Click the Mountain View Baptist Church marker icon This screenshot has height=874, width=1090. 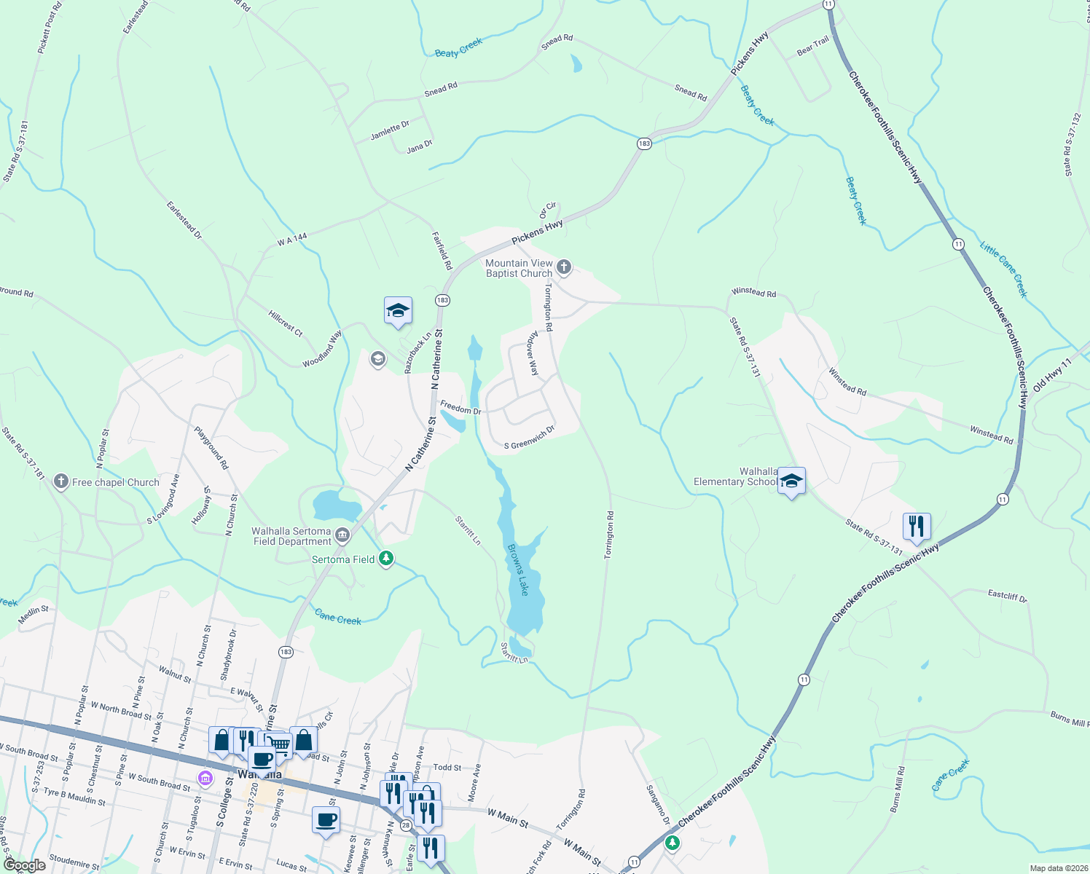pos(563,267)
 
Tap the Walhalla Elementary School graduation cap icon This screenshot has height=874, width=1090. pos(791,481)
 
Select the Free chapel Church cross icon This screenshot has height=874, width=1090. pos(61,481)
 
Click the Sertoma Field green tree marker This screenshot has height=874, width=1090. pos(386,559)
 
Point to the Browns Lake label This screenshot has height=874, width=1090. pos(518,570)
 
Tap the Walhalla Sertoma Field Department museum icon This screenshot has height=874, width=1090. pos(342,536)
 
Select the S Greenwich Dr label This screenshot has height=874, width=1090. pos(530,439)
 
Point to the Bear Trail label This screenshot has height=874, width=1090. pos(813,46)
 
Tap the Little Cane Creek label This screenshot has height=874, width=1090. pos(1003,269)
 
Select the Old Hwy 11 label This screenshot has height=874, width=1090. pos(1053,374)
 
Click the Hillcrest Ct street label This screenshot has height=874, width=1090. pos(285,323)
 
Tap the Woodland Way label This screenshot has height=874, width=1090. pos(322,350)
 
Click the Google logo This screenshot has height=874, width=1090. pos(25,865)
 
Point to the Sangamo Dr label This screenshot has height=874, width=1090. pos(658,805)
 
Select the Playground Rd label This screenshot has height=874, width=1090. pos(211,447)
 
